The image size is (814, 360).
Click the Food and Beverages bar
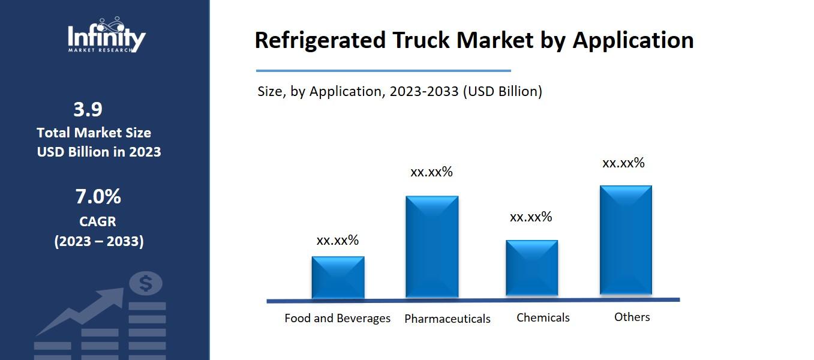pos(338,277)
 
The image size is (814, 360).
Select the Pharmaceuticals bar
pos(432,247)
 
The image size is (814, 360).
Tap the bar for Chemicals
pos(531,268)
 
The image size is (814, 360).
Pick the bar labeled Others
pos(626,240)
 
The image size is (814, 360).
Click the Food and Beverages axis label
pos(337,318)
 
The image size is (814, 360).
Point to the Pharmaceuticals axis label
pos(447,319)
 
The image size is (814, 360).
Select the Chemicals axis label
pos(543,317)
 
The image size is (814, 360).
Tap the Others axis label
pos(632,317)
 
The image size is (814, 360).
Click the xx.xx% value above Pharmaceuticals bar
pos(431,172)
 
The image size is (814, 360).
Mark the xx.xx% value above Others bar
pos(623,163)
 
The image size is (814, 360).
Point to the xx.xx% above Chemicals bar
pos(531,217)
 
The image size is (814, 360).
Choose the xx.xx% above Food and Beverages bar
pos(337,241)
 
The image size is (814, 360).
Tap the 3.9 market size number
pos(88,110)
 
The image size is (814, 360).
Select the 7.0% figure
pos(98,196)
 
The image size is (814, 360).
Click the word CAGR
pos(97,221)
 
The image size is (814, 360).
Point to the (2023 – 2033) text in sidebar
pos(99,241)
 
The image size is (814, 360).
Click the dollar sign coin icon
pos(146,283)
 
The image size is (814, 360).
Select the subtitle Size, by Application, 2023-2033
pos(400,91)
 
